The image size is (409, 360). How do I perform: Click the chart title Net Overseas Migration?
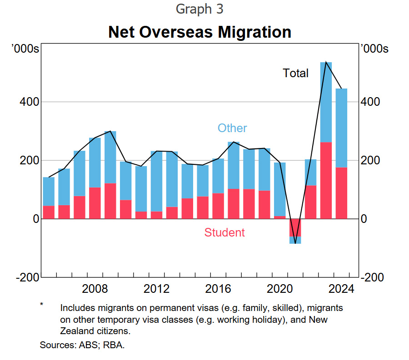[x=200, y=32]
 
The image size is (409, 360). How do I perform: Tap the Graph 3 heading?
[x=200, y=9]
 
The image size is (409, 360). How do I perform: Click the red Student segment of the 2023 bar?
[x=326, y=180]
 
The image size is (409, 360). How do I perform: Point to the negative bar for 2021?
[x=295, y=231]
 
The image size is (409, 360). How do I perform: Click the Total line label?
[x=295, y=73]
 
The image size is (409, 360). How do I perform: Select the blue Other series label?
[x=232, y=128]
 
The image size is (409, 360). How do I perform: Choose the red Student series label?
[x=224, y=232]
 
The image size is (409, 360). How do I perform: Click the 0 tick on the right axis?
[x=364, y=219]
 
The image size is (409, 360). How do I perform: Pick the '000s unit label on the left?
[x=25, y=49]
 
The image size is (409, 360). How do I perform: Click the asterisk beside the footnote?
[x=42, y=304]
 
